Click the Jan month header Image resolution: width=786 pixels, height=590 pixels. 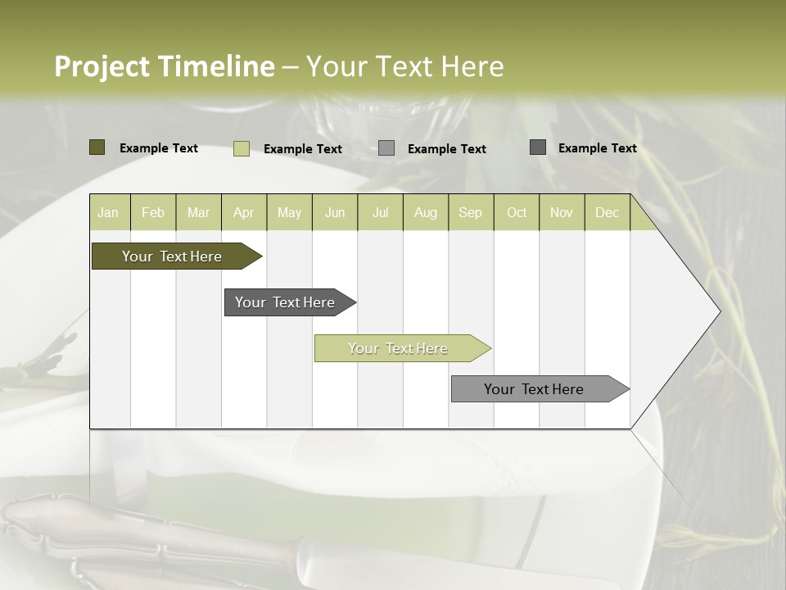tap(108, 212)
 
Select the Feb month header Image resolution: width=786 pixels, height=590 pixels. tap(153, 212)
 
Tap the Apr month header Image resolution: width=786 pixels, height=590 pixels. tap(243, 212)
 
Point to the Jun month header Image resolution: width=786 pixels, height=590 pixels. tap(335, 212)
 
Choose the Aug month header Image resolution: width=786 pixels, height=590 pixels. tap(425, 212)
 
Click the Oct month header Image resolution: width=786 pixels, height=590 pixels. tap(517, 212)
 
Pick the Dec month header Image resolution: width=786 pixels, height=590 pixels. tap(607, 212)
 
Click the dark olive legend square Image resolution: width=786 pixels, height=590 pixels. tap(97, 147)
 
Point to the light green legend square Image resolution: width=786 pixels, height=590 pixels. tap(242, 148)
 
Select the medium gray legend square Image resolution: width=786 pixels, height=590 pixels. tap(386, 148)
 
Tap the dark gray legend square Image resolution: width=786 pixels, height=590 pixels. tap(538, 147)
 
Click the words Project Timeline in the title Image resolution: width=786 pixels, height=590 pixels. tap(164, 66)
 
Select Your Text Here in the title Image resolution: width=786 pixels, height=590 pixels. tap(404, 66)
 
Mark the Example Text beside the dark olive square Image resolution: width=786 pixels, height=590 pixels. tap(159, 148)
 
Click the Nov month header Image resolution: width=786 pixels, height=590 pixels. tap(562, 212)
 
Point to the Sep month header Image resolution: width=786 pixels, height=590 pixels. tap(470, 212)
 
